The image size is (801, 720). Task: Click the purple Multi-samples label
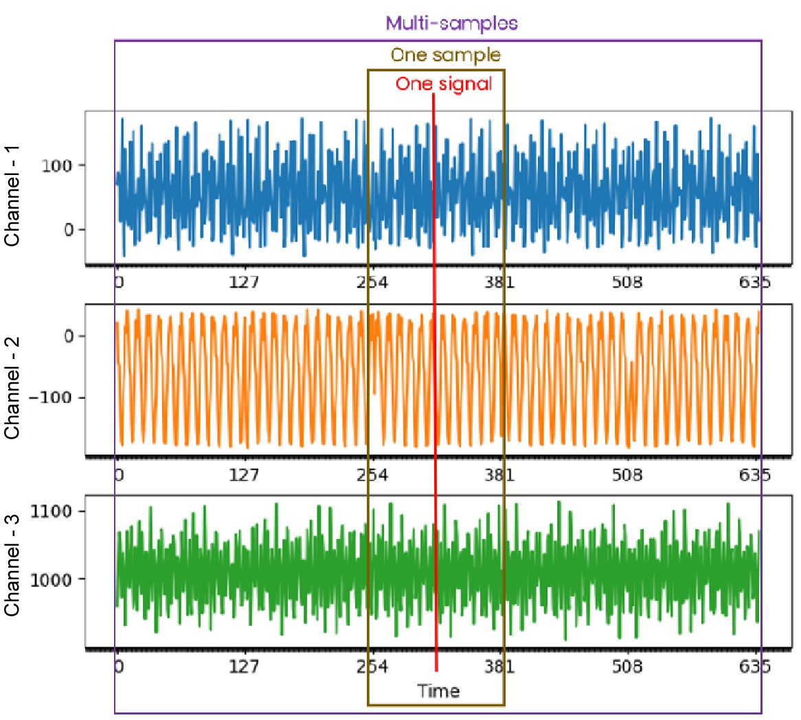tap(451, 23)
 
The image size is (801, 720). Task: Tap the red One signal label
tap(444, 84)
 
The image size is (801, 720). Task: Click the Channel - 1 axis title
tap(12, 196)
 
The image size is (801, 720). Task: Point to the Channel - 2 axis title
tap(12, 388)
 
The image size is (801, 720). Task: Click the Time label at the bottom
tap(438, 690)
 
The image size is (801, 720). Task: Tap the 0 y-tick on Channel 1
tap(69, 230)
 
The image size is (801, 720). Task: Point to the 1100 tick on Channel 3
tap(52, 511)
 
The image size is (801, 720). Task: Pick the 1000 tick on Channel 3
tap(52, 579)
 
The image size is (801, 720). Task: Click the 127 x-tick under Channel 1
tap(245, 282)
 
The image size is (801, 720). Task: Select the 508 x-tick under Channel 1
tap(627, 282)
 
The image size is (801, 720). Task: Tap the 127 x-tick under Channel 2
tap(245, 474)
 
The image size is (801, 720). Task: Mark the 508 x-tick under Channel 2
tap(627, 474)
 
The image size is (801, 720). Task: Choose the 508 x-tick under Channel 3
tap(627, 666)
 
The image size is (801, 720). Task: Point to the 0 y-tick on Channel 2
tap(69, 336)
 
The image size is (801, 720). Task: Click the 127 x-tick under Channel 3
tap(245, 666)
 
